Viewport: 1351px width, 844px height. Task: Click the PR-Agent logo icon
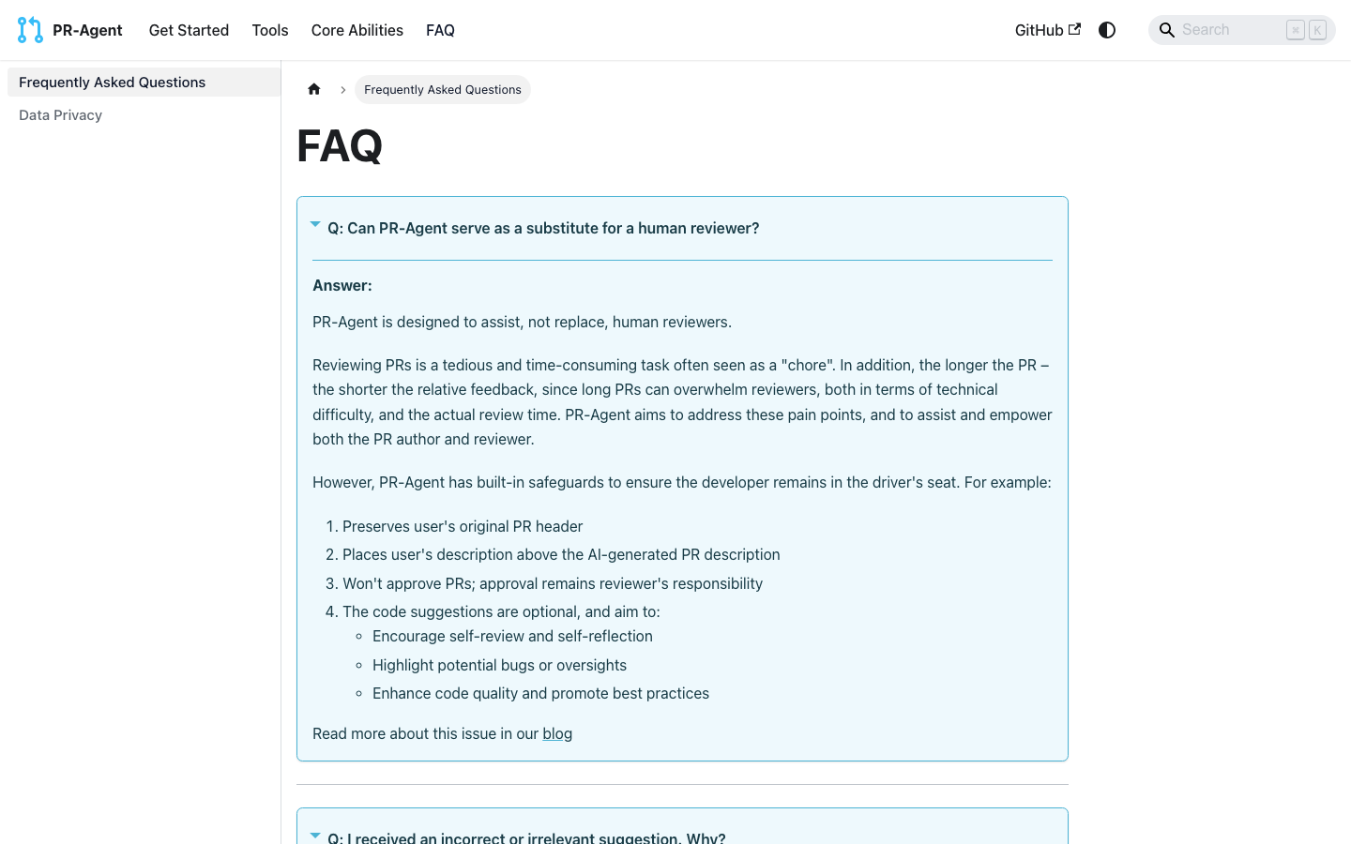click(30, 30)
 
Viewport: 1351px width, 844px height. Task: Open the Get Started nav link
click(189, 30)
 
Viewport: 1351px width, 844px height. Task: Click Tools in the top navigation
click(270, 30)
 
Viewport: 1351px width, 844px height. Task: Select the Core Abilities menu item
click(357, 30)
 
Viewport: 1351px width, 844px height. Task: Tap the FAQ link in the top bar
click(440, 30)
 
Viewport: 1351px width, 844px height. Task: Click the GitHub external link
click(1047, 30)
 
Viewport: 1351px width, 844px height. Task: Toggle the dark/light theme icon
click(1107, 30)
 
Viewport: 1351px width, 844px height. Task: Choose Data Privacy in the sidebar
click(60, 115)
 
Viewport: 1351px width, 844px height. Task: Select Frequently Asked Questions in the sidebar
click(112, 83)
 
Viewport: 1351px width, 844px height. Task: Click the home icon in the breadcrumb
click(314, 89)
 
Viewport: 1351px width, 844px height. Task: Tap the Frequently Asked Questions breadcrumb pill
click(443, 90)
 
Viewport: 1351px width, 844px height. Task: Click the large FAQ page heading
click(340, 146)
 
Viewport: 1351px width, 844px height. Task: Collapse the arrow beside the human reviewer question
click(315, 225)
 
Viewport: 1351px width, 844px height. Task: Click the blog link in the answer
click(557, 733)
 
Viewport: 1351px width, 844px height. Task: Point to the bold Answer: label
click(342, 286)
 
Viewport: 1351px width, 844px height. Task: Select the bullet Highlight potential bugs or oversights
click(499, 665)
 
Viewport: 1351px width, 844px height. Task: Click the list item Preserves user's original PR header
click(463, 526)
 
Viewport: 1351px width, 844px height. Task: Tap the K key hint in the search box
click(1317, 30)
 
